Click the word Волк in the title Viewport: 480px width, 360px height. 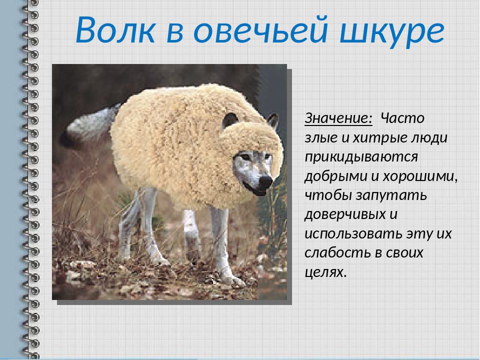(x=115, y=29)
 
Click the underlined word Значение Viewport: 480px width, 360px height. (x=338, y=118)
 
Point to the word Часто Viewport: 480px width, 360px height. (x=402, y=118)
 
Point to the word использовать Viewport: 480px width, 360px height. (x=353, y=233)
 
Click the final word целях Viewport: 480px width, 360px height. (x=325, y=272)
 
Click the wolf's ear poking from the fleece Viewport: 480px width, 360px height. (x=229, y=119)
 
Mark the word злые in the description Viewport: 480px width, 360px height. (x=321, y=138)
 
